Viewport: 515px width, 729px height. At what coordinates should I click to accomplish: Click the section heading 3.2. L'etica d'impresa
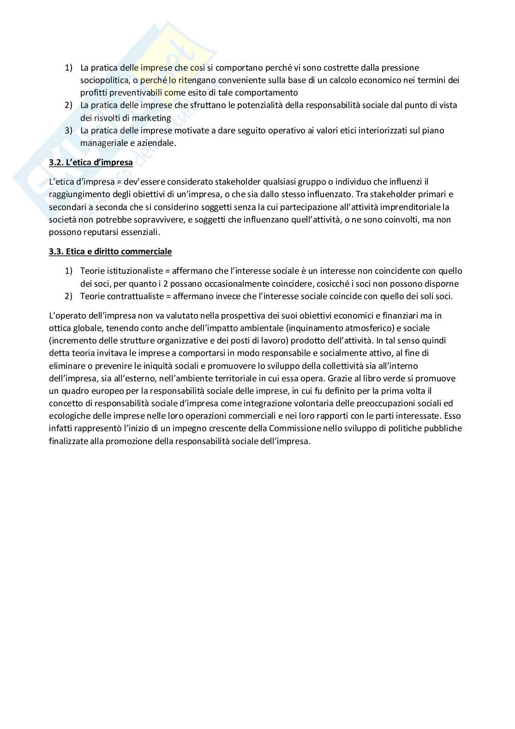tap(91, 163)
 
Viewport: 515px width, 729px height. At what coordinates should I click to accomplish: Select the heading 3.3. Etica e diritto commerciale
tap(110, 252)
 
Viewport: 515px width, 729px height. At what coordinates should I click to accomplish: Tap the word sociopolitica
tap(103, 80)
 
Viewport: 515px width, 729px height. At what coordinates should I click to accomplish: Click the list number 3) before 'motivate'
tap(69, 130)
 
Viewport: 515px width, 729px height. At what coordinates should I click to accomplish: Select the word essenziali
tap(138, 232)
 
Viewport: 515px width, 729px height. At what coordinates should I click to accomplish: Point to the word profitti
tap(95, 93)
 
